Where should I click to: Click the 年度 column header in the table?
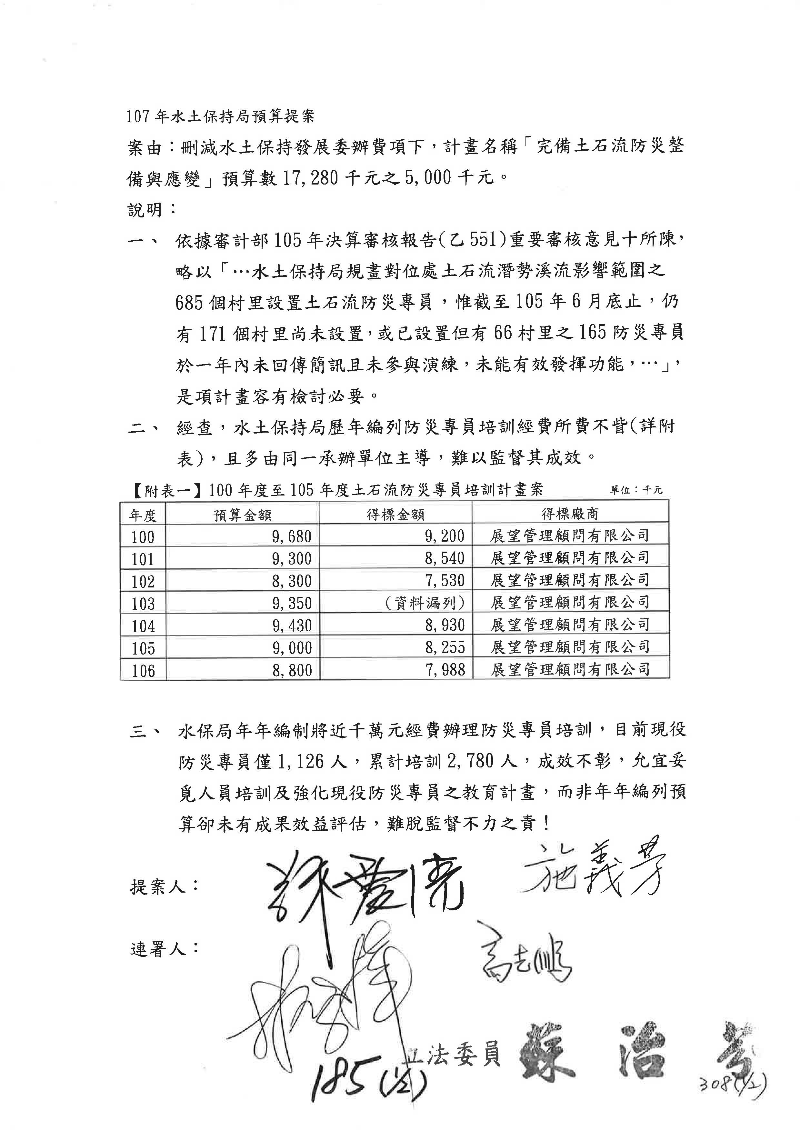[x=143, y=515]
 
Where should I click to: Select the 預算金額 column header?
[x=242, y=515]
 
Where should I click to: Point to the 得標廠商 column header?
[x=570, y=514]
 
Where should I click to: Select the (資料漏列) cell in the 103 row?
[x=424, y=603]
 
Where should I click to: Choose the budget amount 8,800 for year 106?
[x=292, y=670]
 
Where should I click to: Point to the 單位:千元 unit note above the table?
[x=636, y=490]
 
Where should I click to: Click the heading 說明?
[x=152, y=210]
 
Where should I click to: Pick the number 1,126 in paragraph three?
[x=300, y=762]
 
